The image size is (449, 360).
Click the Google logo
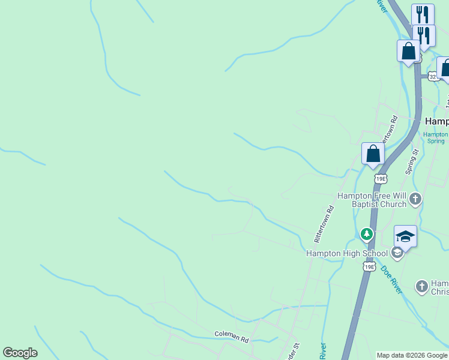[20, 353]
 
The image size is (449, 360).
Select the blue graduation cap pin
[405, 237]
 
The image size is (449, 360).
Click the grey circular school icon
[396, 253]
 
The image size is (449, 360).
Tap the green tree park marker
[366, 233]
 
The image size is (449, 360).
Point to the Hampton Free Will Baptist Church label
[372, 200]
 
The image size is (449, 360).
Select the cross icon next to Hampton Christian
[422, 286]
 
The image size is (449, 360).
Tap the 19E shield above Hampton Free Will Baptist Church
[380, 178]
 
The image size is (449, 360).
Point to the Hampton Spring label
[436, 137]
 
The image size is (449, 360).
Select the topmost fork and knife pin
[423, 14]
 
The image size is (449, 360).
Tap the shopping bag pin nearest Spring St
[373, 154]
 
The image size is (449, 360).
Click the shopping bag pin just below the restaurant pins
[408, 50]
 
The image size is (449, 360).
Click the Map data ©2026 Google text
[412, 355]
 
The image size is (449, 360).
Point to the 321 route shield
[433, 77]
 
